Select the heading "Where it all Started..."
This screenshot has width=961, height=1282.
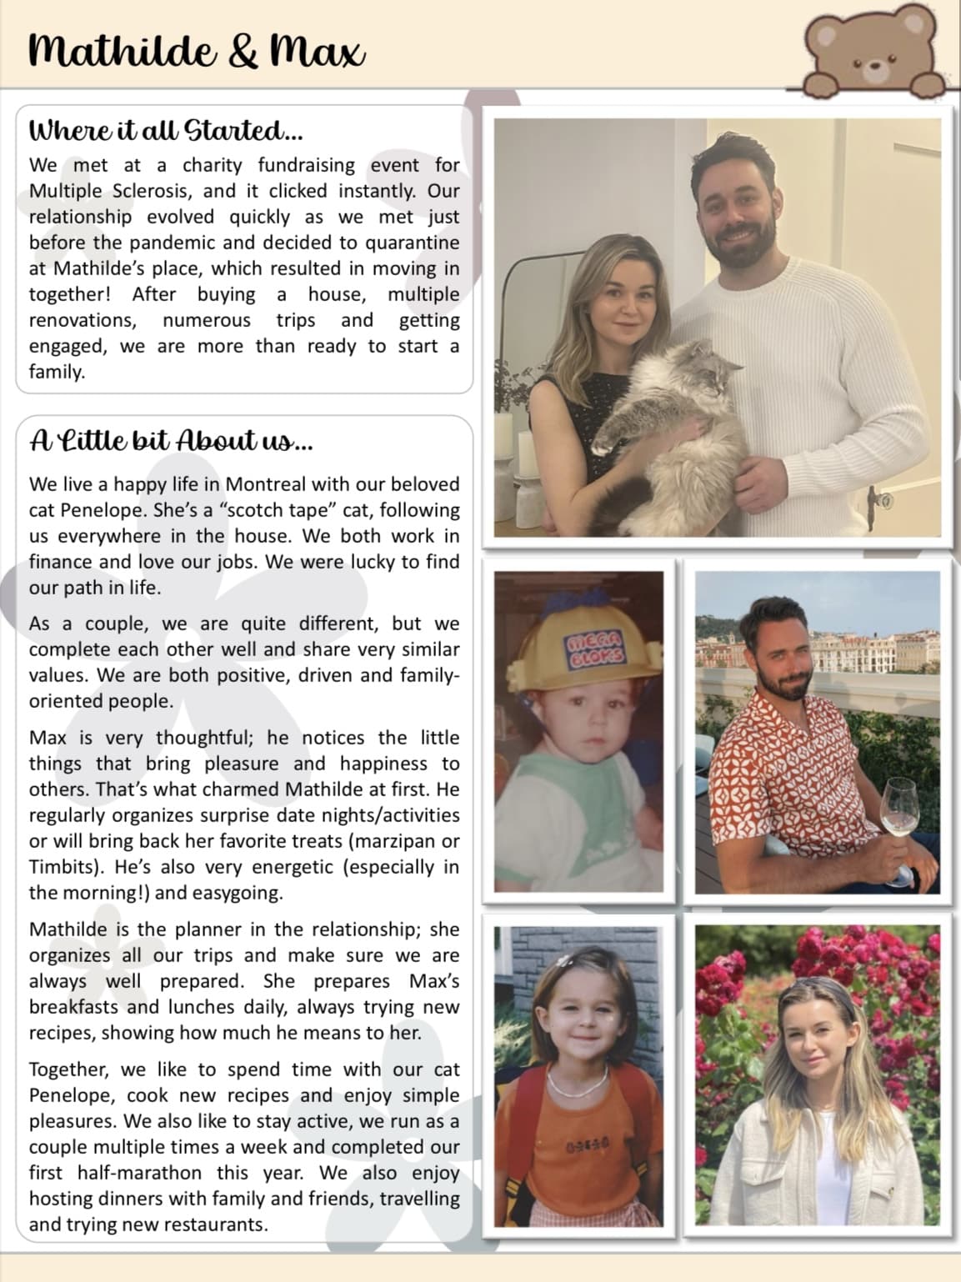(x=166, y=131)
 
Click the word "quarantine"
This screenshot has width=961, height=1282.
(x=409, y=243)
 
